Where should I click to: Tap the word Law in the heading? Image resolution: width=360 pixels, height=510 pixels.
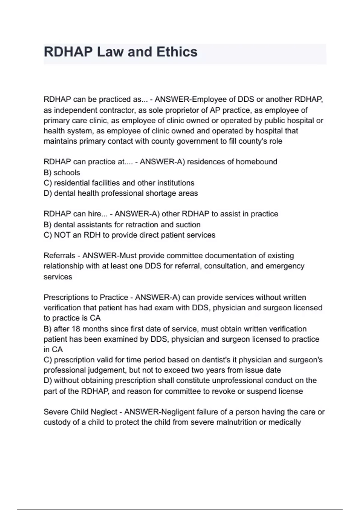click(x=110, y=52)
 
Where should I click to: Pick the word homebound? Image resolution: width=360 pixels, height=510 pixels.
click(x=256, y=162)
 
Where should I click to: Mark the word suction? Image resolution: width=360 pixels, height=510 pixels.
click(x=189, y=225)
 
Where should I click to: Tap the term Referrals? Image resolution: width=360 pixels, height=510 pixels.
click(x=59, y=256)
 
